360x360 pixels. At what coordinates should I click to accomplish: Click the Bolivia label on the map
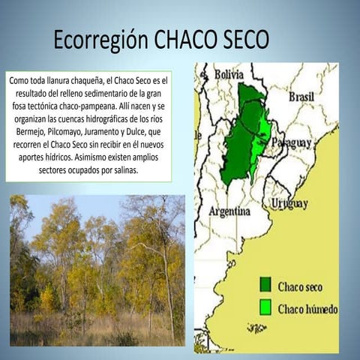pyautogui.click(x=229, y=74)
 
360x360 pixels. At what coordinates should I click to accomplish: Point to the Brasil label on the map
pyautogui.click(x=301, y=97)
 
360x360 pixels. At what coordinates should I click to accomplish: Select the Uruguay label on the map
pyautogui.click(x=289, y=203)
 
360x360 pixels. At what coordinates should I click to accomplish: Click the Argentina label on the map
pyautogui.click(x=229, y=211)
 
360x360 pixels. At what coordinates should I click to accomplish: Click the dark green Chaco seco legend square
pyautogui.click(x=265, y=284)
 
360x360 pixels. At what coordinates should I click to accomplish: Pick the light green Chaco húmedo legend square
pyautogui.click(x=265, y=307)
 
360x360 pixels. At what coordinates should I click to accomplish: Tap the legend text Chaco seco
pyautogui.click(x=301, y=286)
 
